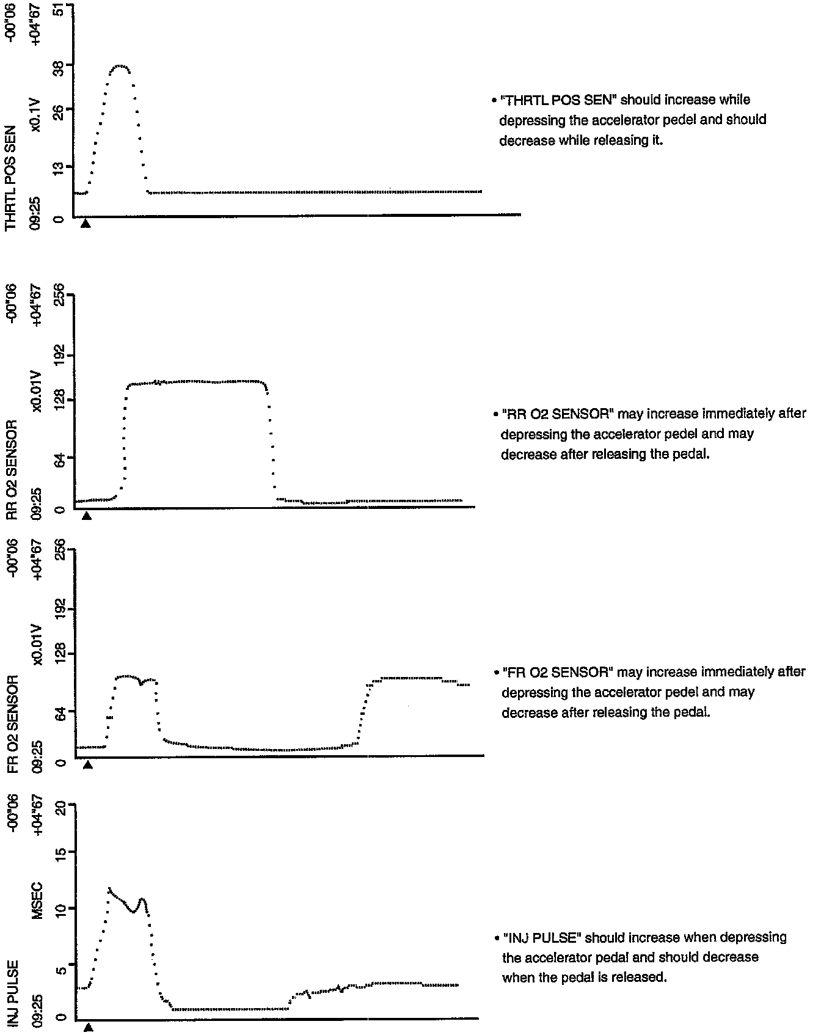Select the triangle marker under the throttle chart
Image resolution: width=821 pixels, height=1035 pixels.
(86, 224)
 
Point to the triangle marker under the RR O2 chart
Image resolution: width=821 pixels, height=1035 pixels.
(87, 516)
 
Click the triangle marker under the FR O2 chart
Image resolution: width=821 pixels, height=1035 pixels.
(87, 765)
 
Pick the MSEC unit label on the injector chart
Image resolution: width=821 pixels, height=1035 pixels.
(37, 901)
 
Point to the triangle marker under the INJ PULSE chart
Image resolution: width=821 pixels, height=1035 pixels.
(89, 1028)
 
